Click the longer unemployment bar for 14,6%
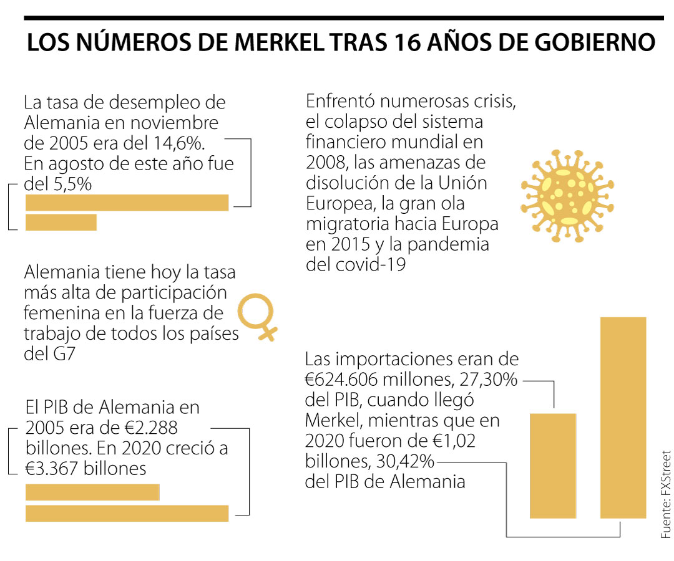(x=127, y=203)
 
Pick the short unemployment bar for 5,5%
(x=61, y=223)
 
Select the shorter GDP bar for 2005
(x=92, y=492)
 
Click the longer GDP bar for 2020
(x=127, y=513)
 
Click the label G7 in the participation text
(x=69, y=355)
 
